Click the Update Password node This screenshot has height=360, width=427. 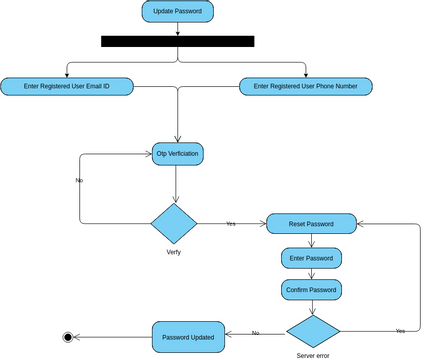tap(177, 12)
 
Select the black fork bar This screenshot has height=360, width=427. tap(177, 42)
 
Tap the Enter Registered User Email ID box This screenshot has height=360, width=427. tap(67, 87)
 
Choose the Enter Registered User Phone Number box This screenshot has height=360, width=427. tap(306, 87)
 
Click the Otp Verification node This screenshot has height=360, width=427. tap(178, 154)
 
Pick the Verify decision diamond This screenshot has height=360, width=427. tap(174, 223)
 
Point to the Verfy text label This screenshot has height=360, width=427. tap(173, 252)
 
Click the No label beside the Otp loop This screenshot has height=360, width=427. tap(79, 180)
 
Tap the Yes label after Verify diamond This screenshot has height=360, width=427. tap(231, 223)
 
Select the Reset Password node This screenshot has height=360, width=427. tap(311, 223)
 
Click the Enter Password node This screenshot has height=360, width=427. tap(311, 258)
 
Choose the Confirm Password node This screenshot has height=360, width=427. tap(311, 290)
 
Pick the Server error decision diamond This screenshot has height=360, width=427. tap(313, 331)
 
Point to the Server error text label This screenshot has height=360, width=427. tap(313, 355)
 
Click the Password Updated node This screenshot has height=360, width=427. tap(186, 337)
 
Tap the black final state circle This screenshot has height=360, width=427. tap(68, 337)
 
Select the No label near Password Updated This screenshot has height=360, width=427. tap(255, 332)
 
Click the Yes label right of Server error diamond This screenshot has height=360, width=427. tap(400, 330)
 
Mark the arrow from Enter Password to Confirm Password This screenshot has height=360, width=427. tap(311, 274)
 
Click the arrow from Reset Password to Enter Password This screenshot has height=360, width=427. tap(311, 240)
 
